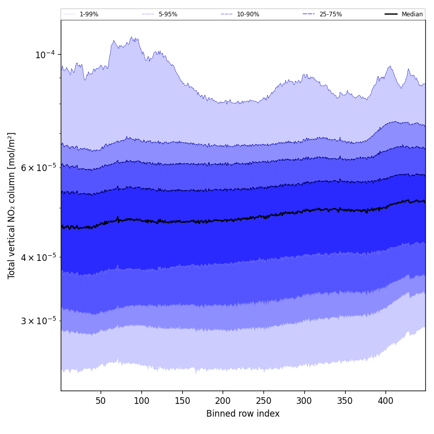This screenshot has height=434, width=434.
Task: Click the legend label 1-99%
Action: click(x=89, y=14)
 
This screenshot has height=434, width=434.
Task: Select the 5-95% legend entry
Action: click(x=168, y=14)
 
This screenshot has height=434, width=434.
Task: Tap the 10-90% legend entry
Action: click(x=248, y=14)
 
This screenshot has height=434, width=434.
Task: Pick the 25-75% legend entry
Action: click(x=330, y=14)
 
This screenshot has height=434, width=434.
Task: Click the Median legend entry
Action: click(x=412, y=14)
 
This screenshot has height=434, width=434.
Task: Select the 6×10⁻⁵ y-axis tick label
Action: click(x=38, y=167)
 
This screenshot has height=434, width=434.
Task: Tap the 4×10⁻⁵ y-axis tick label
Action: click(x=38, y=257)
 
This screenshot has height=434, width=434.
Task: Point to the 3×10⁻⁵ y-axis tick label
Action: click(x=38, y=321)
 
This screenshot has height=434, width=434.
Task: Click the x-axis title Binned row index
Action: click(x=243, y=414)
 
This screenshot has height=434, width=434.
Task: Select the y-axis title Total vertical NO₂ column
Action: click(x=12, y=205)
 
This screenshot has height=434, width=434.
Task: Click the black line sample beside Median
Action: click(x=391, y=14)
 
